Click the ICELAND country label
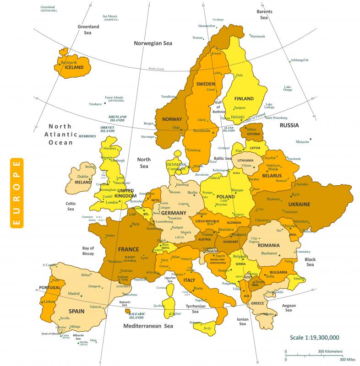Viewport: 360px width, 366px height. coord(74,67)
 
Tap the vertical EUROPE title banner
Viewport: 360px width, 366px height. coord(16,193)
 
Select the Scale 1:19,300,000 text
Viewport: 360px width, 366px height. coord(314,337)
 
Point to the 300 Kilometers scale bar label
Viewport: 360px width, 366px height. coord(330,351)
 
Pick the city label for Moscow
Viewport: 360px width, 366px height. coord(302,142)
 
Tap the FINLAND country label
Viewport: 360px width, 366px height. coord(244,98)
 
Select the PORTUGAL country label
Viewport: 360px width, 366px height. coord(50,287)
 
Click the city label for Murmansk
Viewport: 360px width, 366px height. coord(258,36)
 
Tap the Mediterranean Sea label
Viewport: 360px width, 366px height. coord(148,326)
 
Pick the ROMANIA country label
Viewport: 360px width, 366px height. coord(275,246)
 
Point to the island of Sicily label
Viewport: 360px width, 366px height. coord(207,328)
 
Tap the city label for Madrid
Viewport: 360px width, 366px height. coord(74,294)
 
